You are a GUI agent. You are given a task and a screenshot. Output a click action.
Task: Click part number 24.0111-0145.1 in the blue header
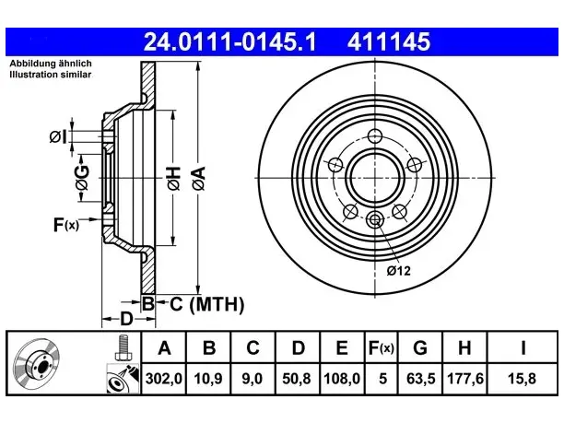click(229, 41)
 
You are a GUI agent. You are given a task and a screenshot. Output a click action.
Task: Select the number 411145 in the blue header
click(389, 41)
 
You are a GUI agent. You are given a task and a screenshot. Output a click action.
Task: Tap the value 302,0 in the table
click(164, 379)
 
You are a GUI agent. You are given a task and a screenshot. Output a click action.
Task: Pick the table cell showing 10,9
click(208, 379)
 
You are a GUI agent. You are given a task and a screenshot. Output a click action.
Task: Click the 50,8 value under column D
click(297, 379)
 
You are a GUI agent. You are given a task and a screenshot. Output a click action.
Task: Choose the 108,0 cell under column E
click(342, 379)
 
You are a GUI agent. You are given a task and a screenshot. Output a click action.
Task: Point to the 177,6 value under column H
click(465, 379)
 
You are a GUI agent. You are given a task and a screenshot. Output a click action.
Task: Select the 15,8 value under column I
click(522, 379)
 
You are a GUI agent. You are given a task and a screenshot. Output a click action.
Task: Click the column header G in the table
click(420, 347)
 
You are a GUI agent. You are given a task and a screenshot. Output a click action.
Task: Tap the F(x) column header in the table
click(382, 347)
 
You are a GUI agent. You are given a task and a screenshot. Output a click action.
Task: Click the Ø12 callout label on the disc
click(398, 271)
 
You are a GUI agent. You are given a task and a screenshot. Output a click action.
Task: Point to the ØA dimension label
click(199, 178)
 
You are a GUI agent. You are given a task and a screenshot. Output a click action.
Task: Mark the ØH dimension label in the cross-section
click(173, 178)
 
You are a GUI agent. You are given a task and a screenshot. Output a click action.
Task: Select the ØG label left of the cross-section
click(82, 178)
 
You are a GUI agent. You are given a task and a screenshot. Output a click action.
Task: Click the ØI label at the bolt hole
click(58, 137)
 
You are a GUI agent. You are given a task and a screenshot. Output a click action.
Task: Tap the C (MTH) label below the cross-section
click(206, 304)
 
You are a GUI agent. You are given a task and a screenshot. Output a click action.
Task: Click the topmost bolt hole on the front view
click(375, 136)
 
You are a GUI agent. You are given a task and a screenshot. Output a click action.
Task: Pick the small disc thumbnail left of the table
click(36, 363)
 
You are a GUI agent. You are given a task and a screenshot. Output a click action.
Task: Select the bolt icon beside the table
click(123, 347)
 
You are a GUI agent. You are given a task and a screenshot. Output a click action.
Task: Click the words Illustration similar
click(51, 75)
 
